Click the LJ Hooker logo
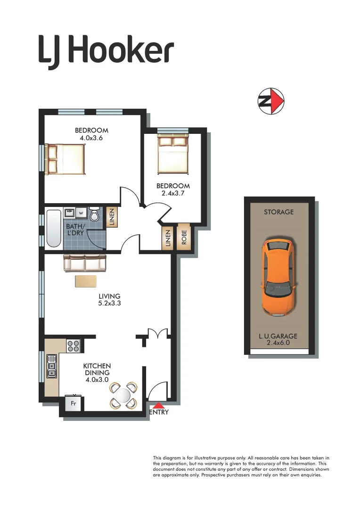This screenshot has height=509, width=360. point(106,51)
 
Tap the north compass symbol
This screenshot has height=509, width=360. point(271,101)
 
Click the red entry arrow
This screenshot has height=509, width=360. point(159,404)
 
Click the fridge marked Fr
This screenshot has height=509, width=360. point(74,404)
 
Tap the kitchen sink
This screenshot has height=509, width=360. point(51,366)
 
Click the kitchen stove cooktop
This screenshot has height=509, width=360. point(74,346)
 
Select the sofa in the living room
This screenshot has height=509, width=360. point(85,263)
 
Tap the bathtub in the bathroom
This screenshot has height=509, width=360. point(54,229)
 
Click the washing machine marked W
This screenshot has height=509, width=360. point(81,213)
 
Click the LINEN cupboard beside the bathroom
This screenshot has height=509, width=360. point(112,218)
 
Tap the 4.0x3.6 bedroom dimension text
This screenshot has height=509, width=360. point(91,138)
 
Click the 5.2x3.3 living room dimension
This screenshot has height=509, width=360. point(109,304)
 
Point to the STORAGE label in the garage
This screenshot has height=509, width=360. point(278,212)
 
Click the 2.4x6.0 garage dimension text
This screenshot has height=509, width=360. point(278,343)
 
